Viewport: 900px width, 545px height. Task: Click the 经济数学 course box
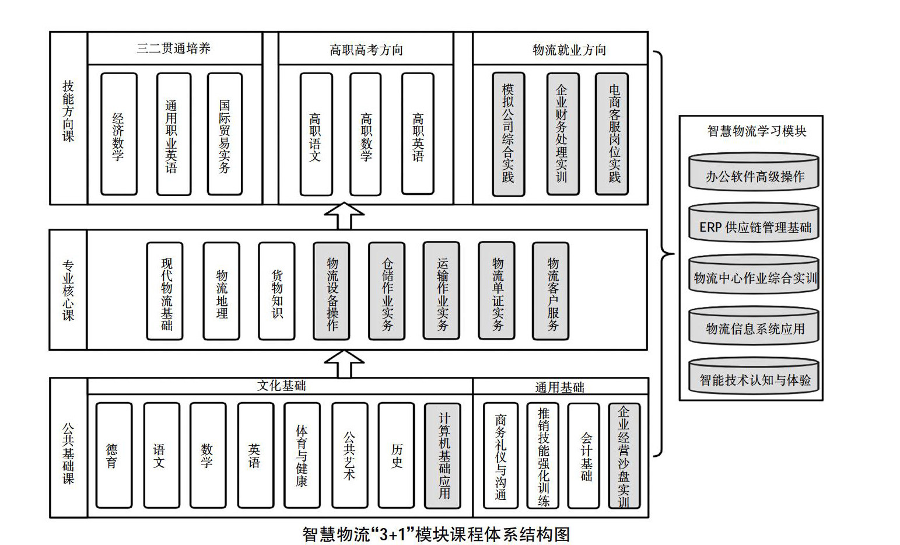(119, 134)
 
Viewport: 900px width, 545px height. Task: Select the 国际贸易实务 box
(225, 134)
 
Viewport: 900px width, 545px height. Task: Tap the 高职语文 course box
(316, 134)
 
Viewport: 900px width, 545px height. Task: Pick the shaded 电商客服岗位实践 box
(611, 134)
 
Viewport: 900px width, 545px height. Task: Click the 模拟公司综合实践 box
(508, 134)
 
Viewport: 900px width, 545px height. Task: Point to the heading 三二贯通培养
(174, 48)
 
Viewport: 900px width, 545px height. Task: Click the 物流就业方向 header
(569, 50)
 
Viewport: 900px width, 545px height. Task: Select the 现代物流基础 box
(164, 291)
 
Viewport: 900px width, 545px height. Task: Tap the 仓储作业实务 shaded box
(386, 291)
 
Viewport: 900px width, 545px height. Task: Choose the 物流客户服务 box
(550, 291)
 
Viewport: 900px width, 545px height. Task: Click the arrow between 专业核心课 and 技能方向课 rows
(344, 216)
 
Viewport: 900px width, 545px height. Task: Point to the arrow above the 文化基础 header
(344, 364)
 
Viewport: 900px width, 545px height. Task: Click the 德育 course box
(114, 455)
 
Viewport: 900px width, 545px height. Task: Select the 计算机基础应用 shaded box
(443, 455)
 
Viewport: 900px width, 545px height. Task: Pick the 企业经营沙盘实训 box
(624, 455)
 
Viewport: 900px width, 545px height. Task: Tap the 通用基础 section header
(559, 387)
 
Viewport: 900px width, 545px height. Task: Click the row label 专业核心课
(68, 290)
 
